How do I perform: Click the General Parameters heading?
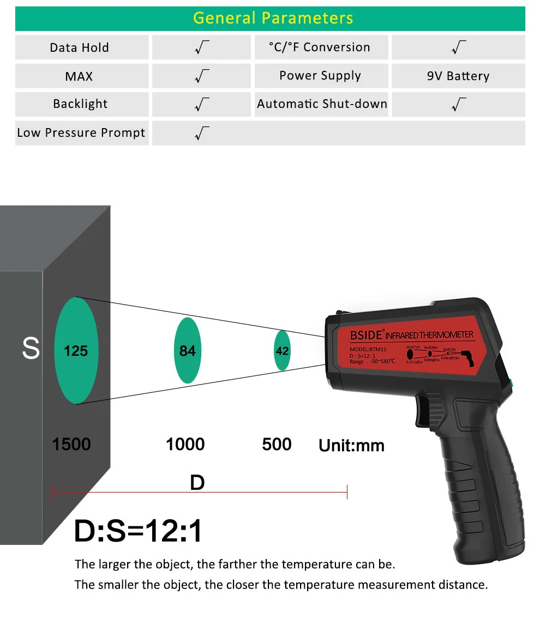pos(273,18)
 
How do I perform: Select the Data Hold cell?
pos(80,47)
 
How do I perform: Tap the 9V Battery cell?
pos(458,76)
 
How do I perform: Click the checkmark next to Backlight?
pos(202,104)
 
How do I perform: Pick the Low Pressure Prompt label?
pos(81,132)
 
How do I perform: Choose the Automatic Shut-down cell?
pos(322,104)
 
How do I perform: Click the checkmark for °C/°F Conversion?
pos(459,47)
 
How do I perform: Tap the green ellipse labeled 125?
pos(76,350)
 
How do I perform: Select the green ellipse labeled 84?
pos(187,350)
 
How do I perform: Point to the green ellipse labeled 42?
pos(281,351)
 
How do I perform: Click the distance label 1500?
pos(71,444)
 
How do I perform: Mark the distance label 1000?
pos(185,444)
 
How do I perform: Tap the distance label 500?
pos(277,444)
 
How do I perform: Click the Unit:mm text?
pos(351,446)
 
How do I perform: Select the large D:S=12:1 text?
pos(138,531)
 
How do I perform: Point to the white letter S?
pos(31,349)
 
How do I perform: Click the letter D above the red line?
pos(197,482)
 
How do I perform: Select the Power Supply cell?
pos(320,76)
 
